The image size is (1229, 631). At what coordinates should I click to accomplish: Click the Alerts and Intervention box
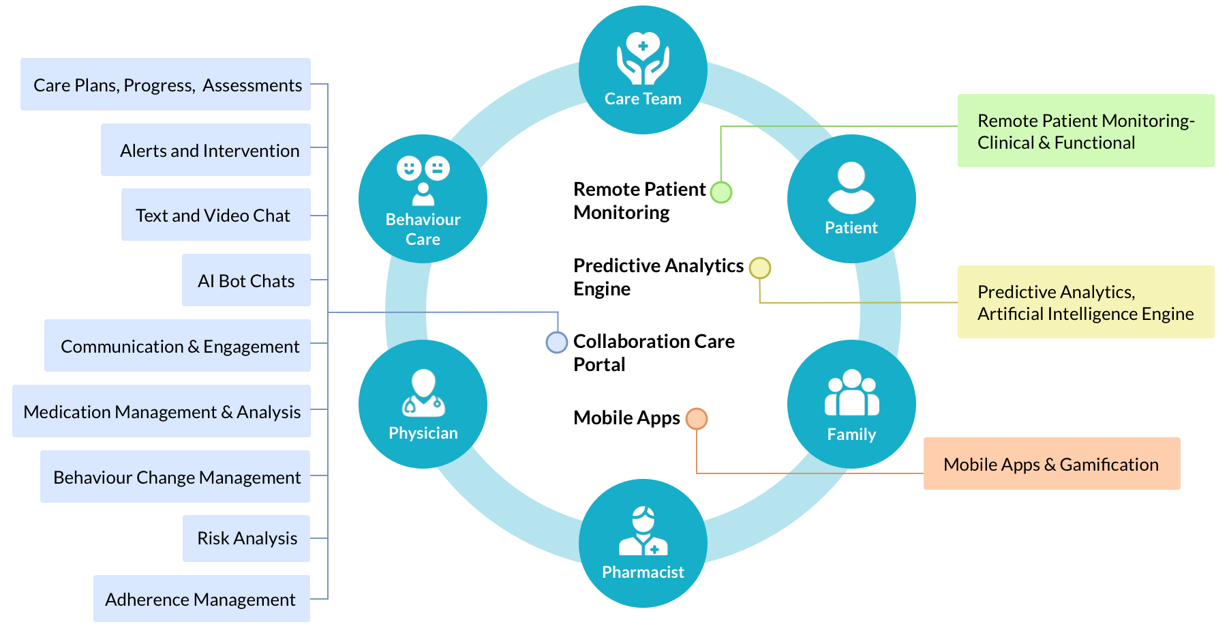[206, 150]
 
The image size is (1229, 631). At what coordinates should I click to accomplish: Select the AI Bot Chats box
[246, 280]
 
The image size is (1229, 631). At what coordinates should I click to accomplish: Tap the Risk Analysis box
[246, 538]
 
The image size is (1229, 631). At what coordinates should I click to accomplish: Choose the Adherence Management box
[201, 599]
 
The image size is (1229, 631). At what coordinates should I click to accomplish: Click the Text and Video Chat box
[215, 215]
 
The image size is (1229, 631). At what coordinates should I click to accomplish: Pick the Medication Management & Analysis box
[162, 411]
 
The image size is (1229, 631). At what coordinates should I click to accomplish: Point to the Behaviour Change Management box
[175, 477]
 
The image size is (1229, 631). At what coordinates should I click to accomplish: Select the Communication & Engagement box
[177, 346]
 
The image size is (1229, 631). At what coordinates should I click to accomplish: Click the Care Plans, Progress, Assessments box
[166, 85]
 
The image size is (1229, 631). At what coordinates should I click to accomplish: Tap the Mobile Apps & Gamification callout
[1051, 464]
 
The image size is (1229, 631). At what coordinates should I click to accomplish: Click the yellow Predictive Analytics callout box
[1085, 302]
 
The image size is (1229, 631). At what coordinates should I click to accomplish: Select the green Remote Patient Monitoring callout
[1085, 131]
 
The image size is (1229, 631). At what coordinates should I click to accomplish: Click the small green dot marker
[721, 192]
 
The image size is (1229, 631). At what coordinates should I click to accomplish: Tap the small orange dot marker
[697, 419]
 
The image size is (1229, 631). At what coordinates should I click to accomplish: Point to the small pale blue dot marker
[557, 342]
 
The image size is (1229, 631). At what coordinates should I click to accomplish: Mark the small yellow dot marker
[760, 268]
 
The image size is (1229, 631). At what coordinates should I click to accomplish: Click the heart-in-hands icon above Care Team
[643, 58]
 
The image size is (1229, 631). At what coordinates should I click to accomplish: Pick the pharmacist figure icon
[643, 531]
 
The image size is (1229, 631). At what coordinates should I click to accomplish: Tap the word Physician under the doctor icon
[423, 433]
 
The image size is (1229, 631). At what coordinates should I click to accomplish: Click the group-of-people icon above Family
[851, 394]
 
